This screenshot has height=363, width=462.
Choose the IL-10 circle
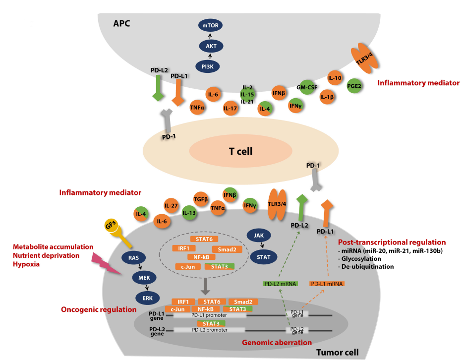[335, 78]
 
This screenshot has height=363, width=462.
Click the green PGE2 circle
[354, 85]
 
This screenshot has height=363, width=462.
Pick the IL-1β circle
[327, 97]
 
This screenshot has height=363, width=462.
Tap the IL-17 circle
[230, 109]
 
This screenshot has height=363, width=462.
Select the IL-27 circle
[172, 205]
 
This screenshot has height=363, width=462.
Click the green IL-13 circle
[189, 213]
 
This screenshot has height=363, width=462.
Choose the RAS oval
[133, 258]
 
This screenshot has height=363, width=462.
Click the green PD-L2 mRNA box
[280, 284]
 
